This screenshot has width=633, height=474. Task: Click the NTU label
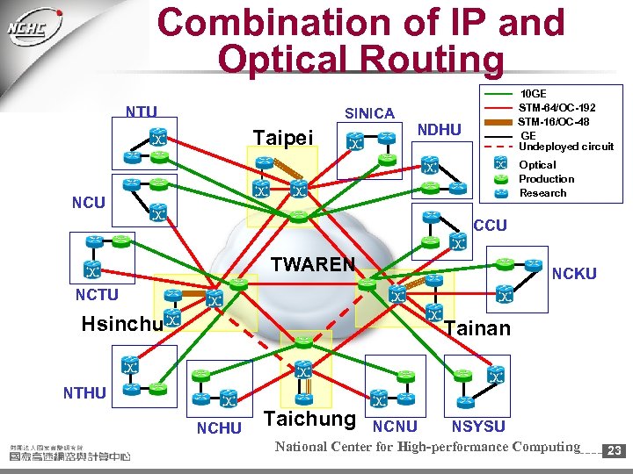141,111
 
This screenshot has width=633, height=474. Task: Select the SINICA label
369,113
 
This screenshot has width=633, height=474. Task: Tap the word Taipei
282,139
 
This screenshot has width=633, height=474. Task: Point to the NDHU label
439,130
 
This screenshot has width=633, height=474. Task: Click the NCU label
89,202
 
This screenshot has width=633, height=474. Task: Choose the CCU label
490,226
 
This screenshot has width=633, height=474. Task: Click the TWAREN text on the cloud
313,264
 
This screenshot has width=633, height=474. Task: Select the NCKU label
574,274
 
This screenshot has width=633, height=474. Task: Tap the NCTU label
98,295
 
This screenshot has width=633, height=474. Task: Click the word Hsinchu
121,324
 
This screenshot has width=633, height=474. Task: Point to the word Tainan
477,328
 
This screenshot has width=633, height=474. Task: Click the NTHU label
84,392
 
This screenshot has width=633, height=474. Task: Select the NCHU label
218,428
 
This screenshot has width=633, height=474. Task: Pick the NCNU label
395,427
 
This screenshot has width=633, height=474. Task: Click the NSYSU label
478,427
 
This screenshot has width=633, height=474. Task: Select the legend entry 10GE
534,93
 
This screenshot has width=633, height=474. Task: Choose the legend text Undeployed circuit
566,147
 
